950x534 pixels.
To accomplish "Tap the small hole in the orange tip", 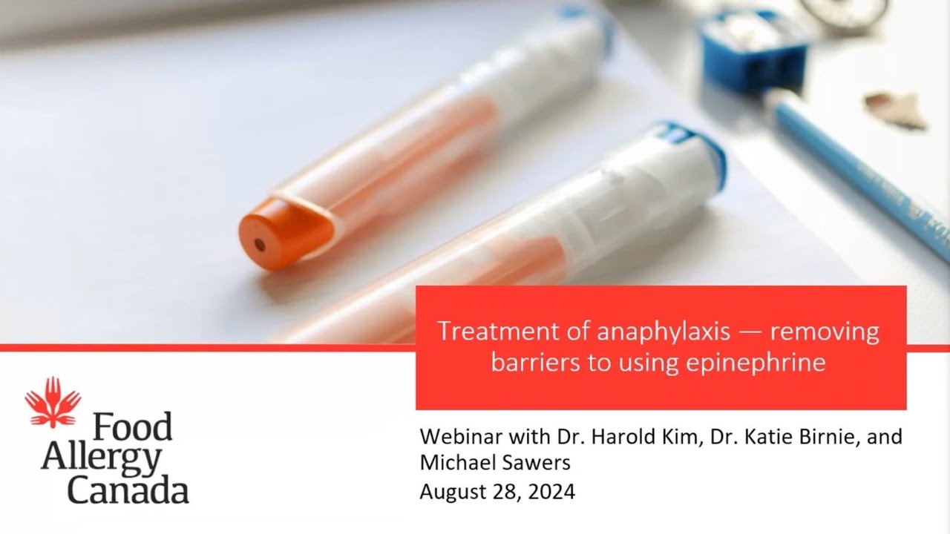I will [x=259, y=244].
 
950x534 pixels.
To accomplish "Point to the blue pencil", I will [x=861, y=171].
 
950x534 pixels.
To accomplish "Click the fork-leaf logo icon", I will [x=53, y=402].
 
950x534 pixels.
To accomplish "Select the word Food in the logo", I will [x=132, y=427].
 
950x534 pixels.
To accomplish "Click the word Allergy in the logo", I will [x=101, y=460].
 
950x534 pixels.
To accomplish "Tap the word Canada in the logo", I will [x=128, y=491].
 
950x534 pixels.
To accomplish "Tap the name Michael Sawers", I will [x=494, y=463].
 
